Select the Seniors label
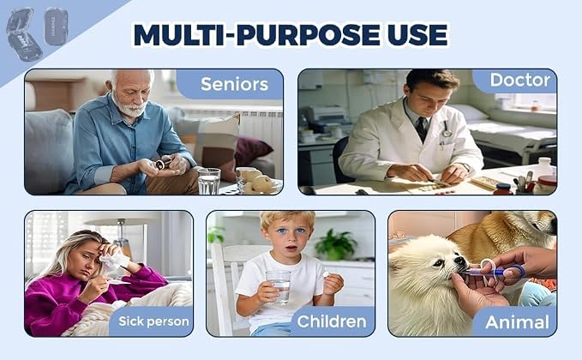click(x=234, y=84)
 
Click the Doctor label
click(x=520, y=80)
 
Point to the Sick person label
click(x=153, y=321)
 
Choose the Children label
click(x=332, y=321)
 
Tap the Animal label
click(x=517, y=322)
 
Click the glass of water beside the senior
click(x=209, y=181)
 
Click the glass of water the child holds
click(x=279, y=286)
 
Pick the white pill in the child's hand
click(x=327, y=274)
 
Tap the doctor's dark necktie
click(x=421, y=129)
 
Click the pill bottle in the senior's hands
click(x=164, y=164)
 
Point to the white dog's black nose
click(x=460, y=261)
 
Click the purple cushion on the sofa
click(x=251, y=152)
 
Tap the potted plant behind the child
click(x=335, y=245)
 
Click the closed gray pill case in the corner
click(x=57, y=27)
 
